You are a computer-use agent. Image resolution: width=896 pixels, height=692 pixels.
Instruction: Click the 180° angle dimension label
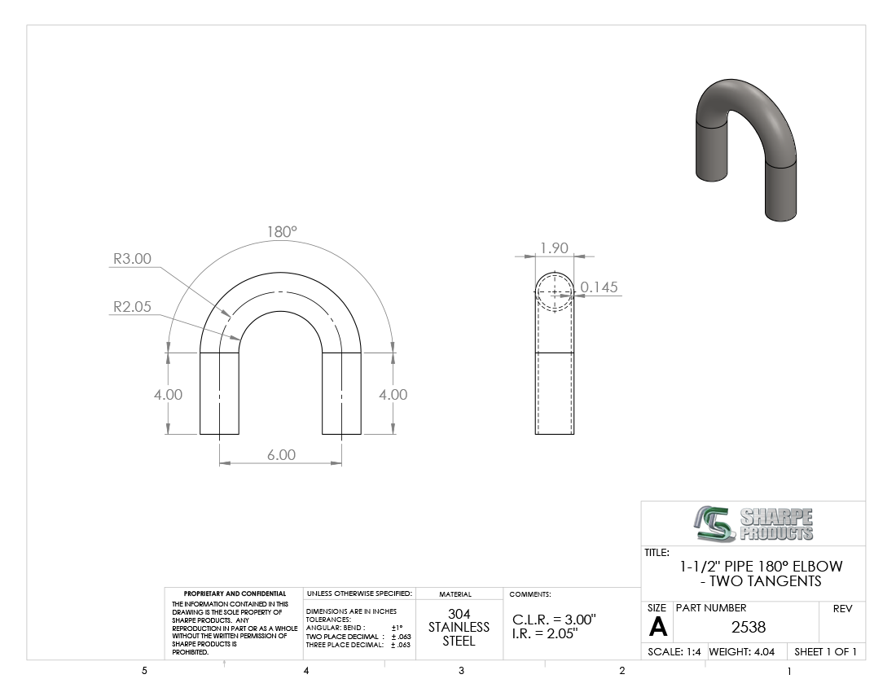[x=282, y=232]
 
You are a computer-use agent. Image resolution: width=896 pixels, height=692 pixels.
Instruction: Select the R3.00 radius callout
[x=132, y=259]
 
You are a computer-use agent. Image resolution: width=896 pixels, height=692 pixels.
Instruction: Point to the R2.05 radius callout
[x=132, y=307]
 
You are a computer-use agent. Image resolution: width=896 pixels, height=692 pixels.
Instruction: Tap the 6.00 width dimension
[x=281, y=454]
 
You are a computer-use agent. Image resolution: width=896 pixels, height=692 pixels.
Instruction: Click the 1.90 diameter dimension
[x=554, y=247]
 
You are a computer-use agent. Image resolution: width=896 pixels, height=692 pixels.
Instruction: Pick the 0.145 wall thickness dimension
[x=599, y=287]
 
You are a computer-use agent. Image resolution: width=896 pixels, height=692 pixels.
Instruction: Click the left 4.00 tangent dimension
[x=168, y=395]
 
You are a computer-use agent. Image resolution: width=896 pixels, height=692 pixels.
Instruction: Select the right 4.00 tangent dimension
[x=393, y=395]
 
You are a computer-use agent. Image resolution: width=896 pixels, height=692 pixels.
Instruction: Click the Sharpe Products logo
[x=753, y=523]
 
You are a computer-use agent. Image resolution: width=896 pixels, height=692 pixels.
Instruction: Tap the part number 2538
[x=748, y=627]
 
